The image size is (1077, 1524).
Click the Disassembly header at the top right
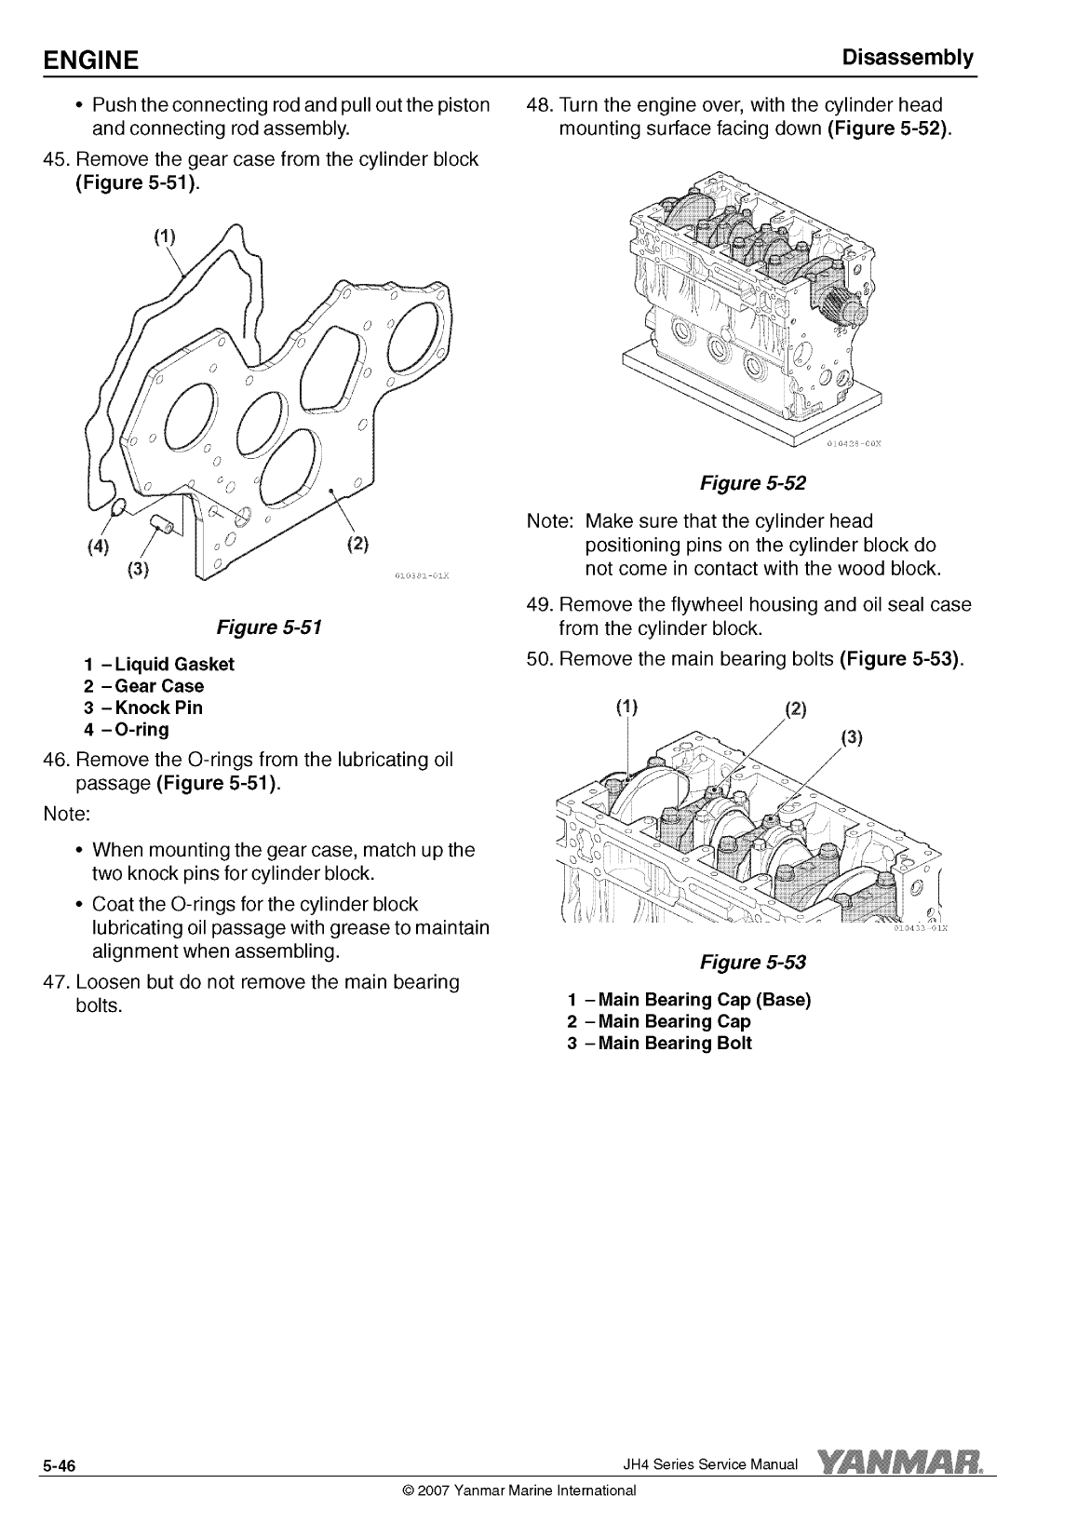tap(907, 58)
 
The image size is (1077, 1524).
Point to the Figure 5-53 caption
tap(752, 962)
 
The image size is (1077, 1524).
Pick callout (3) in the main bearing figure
tap(852, 739)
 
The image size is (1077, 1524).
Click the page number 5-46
tap(56, 1468)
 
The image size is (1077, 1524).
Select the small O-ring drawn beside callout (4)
tap(117, 508)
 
